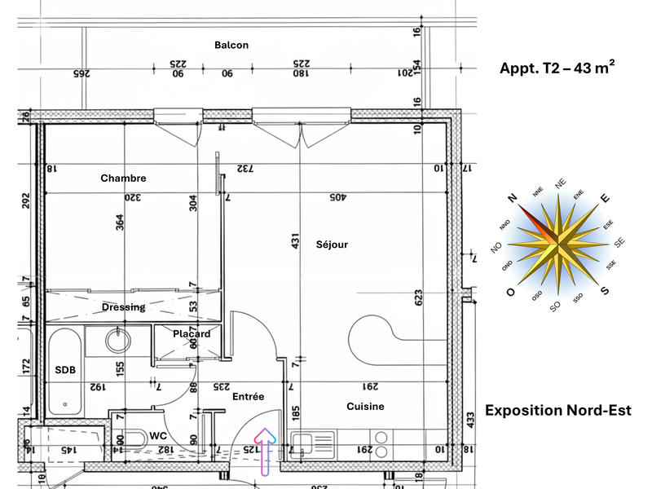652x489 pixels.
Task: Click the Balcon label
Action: point(231,46)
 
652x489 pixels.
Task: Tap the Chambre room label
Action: point(123,178)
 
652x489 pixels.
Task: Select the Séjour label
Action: point(332,244)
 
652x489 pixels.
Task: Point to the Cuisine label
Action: point(365,407)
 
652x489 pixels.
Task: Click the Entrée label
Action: point(248,397)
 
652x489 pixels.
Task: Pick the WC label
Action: point(158,436)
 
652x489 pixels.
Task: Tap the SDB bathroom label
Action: point(65,370)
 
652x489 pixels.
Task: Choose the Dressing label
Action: point(124,307)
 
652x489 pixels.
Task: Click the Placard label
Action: point(192,334)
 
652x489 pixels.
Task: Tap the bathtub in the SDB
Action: point(63,371)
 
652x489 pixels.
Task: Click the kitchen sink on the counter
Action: point(302,446)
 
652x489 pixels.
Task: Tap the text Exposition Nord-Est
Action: point(557,410)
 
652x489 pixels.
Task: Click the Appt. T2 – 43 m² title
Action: point(557,68)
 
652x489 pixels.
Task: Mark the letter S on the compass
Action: point(604,291)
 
